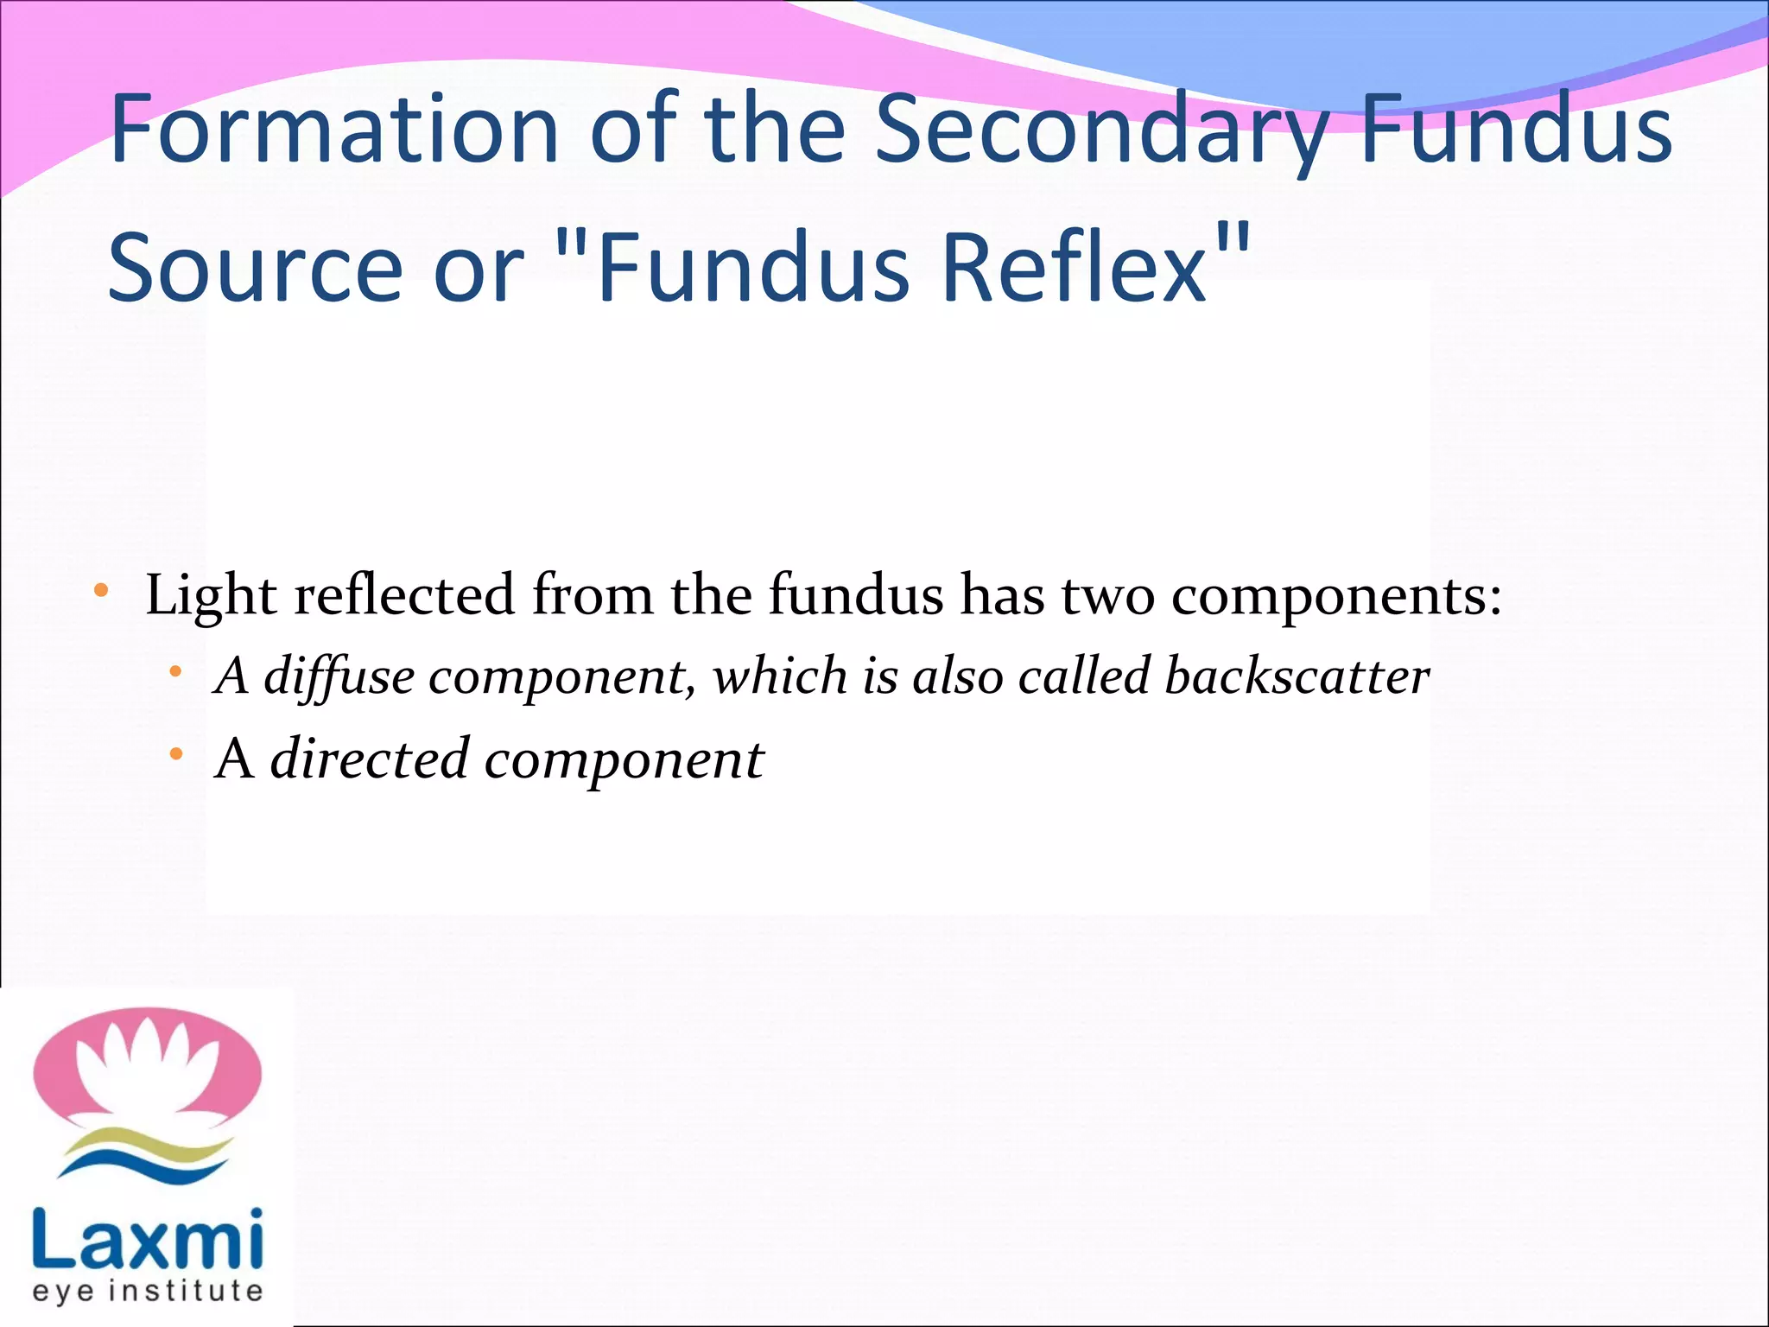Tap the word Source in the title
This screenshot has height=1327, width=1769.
pyautogui.click(x=256, y=268)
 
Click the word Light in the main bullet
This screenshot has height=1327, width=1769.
pyautogui.click(x=211, y=596)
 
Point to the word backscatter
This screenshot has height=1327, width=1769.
pyautogui.click(x=1297, y=676)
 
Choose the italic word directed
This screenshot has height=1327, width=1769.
pyautogui.click(x=370, y=759)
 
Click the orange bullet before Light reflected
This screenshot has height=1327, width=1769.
pyautogui.click(x=101, y=592)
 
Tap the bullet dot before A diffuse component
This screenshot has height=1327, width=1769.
pyautogui.click(x=176, y=672)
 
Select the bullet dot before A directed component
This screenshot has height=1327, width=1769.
pyautogui.click(x=176, y=755)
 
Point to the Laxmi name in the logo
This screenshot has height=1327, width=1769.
pyautogui.click(x=147, y=1239)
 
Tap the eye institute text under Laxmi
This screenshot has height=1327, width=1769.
pyautogui.click(x=147, y=1292)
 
